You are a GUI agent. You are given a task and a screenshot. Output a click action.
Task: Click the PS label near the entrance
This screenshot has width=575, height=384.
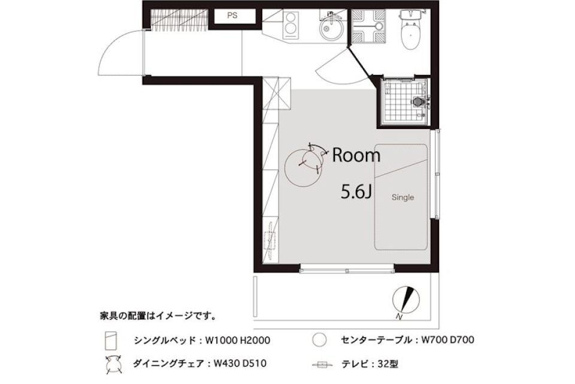click(232, 16)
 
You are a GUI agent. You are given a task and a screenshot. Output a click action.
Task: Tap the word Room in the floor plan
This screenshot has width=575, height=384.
click(356, 156)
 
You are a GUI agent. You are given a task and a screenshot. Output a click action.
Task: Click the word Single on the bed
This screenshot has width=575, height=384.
click(403, 197)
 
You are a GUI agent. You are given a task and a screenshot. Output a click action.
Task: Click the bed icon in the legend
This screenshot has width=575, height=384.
click(109, 341)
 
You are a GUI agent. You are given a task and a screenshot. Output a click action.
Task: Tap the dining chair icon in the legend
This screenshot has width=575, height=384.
click(109, 363)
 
